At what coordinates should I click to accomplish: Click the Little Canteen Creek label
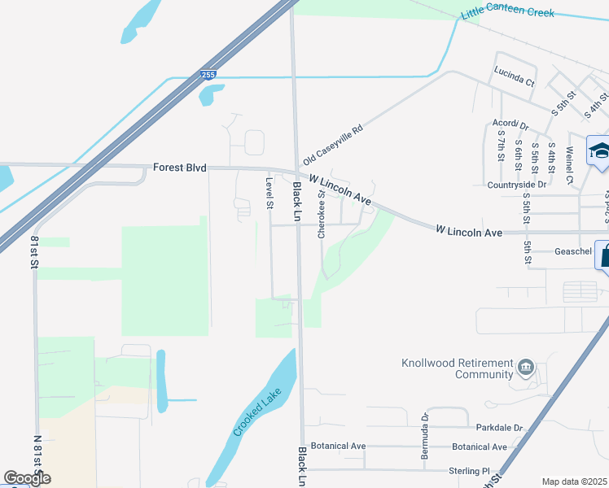coord(507,13)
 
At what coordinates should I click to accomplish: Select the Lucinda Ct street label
coord(514,83)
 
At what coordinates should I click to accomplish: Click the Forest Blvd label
coord(179,168)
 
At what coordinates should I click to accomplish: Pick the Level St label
coord(268,193)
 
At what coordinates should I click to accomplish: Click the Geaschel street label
coord(572,251)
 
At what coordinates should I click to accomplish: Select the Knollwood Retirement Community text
coord(460,368)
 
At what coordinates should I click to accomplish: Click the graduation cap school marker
coord(599,151)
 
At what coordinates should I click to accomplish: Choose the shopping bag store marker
coord(604,255)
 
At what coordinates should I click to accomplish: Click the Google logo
coord(27,478)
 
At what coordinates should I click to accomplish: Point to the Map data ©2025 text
coord(573,481)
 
